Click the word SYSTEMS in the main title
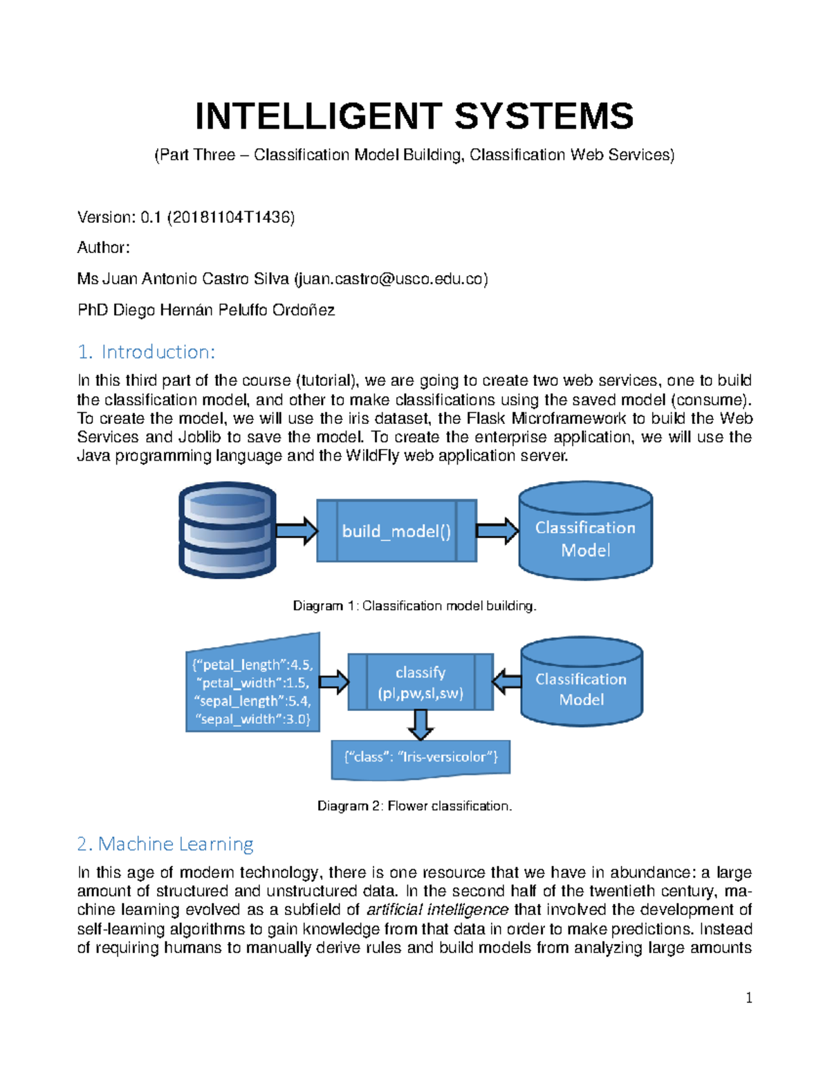544,116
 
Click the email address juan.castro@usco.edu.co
391,279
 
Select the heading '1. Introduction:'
146,352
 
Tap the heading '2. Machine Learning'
165,844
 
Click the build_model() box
396,531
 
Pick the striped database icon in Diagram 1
228,530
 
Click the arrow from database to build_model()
297,531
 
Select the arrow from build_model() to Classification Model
497,531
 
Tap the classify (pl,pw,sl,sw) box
420,683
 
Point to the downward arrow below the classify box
421,725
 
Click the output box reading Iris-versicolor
421,757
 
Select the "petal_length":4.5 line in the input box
253,665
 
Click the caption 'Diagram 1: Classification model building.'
414,606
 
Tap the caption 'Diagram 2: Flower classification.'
414,806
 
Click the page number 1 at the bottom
749,997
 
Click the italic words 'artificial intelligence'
437,909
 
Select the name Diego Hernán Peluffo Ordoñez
223,310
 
